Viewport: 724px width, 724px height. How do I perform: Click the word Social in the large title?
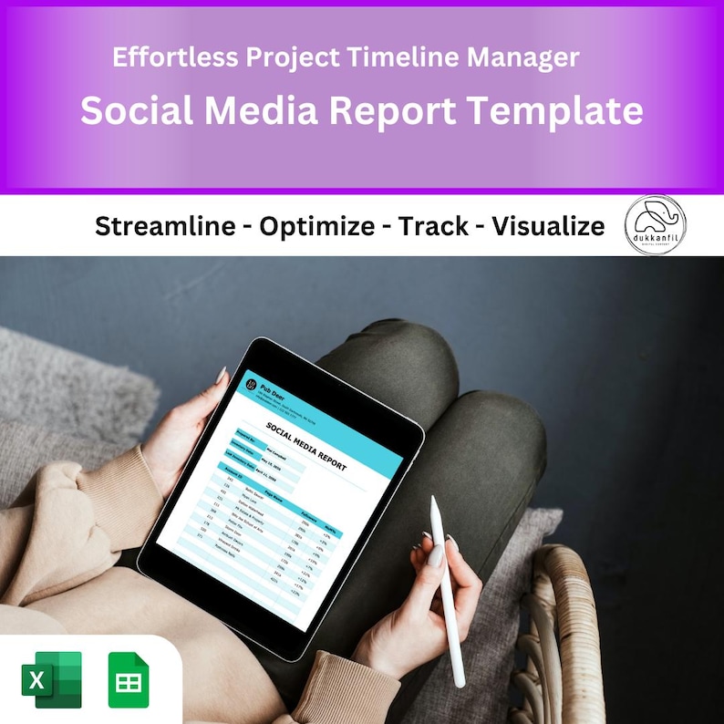(x=138, y=111)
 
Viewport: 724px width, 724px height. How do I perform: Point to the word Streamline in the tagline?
(x=165, y=226)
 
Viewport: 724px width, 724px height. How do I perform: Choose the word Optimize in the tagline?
(x=316, y=226)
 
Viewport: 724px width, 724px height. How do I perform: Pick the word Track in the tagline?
(x=432, y=226)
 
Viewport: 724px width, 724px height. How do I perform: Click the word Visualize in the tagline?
(x=548, y=226)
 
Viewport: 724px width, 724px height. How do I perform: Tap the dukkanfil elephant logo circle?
(x=655, y=224)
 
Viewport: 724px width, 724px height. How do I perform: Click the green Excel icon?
(x=51, y=679)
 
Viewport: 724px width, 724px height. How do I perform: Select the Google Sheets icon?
(x=128, y=679)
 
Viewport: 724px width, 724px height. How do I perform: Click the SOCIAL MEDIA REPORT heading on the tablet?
(x=306, y=448)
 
